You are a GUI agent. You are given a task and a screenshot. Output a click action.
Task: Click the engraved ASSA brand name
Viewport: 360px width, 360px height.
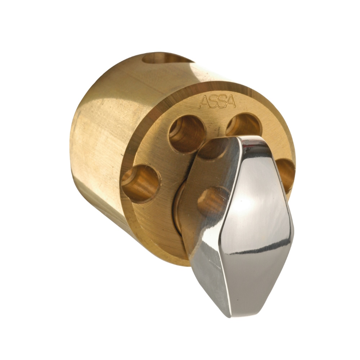[217, 102]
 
